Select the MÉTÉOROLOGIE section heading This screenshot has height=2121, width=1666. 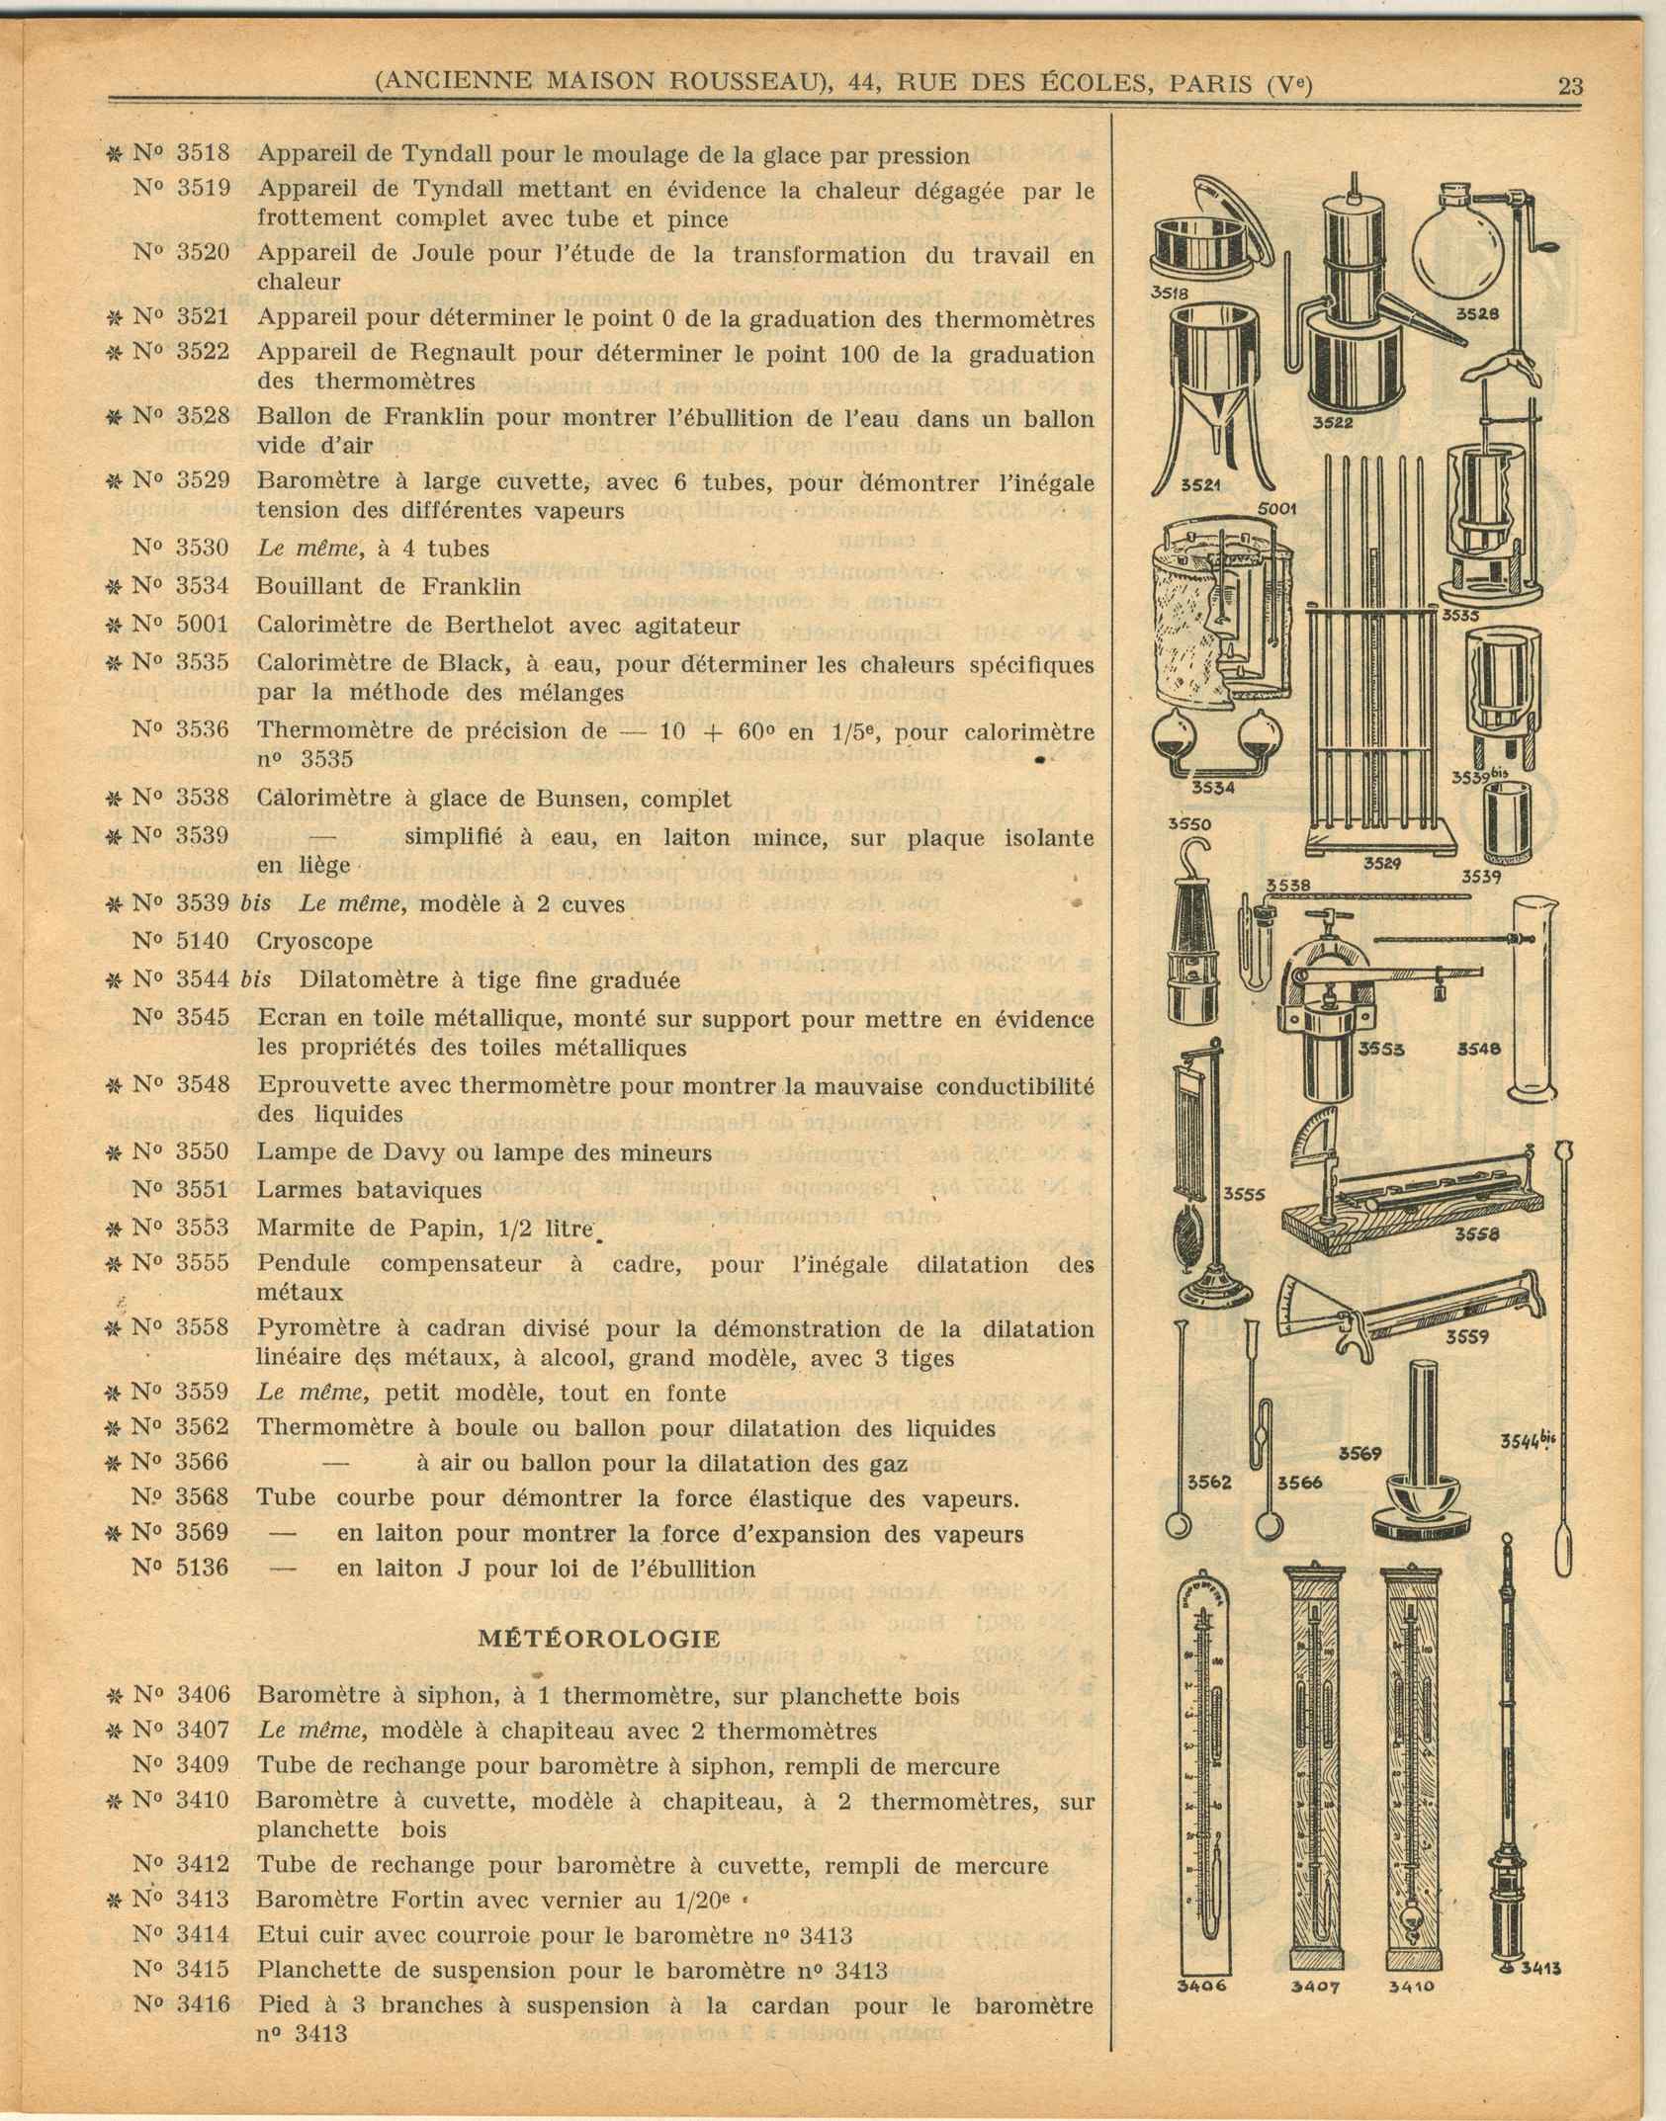pyautogui.click(x=599, y=1638)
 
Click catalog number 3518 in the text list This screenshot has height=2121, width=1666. pyautogui.click(x=203, y=153)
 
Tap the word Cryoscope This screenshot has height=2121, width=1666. pyautogui.click(x=314, y=941)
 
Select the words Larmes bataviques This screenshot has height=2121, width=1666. pyautogui.click(x=369, y=1189)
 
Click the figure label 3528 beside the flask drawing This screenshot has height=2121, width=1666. pyautogui.click(x=1478, y=314)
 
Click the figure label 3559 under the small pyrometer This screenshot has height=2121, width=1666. pyautogui.click(x=1468, y=1337)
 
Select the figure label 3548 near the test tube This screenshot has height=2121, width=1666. pyautogui.click(x=1480, y=1049)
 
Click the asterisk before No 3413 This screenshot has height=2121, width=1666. pyautogui.click(x=115, y=1900)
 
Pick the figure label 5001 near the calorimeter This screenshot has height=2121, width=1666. pyautogui.click(x=1276, y=508)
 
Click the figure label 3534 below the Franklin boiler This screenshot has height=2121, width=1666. pyautogui.click(x=1212, y=787)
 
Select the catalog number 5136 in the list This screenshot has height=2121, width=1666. pyautogui.click(x=203, y=1569)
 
